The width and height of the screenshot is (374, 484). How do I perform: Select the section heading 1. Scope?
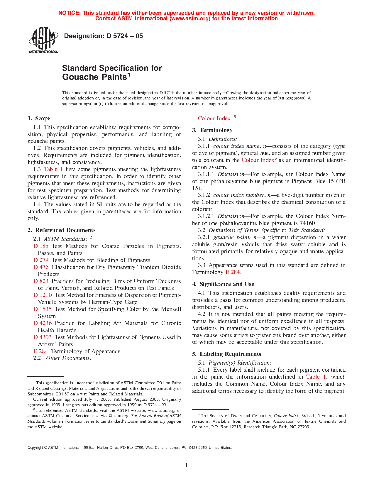39,119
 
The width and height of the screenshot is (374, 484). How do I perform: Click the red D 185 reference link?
41,246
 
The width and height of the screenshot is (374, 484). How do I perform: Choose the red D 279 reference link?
41,260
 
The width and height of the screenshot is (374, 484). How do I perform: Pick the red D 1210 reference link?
43,295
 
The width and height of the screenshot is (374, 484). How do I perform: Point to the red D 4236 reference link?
43,323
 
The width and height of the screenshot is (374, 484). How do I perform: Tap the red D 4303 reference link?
43,337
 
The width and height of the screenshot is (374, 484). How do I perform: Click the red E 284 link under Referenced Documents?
40,351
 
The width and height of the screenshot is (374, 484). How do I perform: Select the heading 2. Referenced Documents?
62,230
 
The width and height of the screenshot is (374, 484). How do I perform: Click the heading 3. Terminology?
212,130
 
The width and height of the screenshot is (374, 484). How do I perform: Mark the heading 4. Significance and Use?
223,284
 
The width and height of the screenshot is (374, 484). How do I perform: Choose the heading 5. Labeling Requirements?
226,354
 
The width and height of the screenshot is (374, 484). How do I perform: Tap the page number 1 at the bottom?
186,465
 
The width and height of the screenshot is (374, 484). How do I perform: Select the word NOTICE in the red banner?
70,13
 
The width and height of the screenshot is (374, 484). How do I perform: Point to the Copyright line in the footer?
130,448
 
